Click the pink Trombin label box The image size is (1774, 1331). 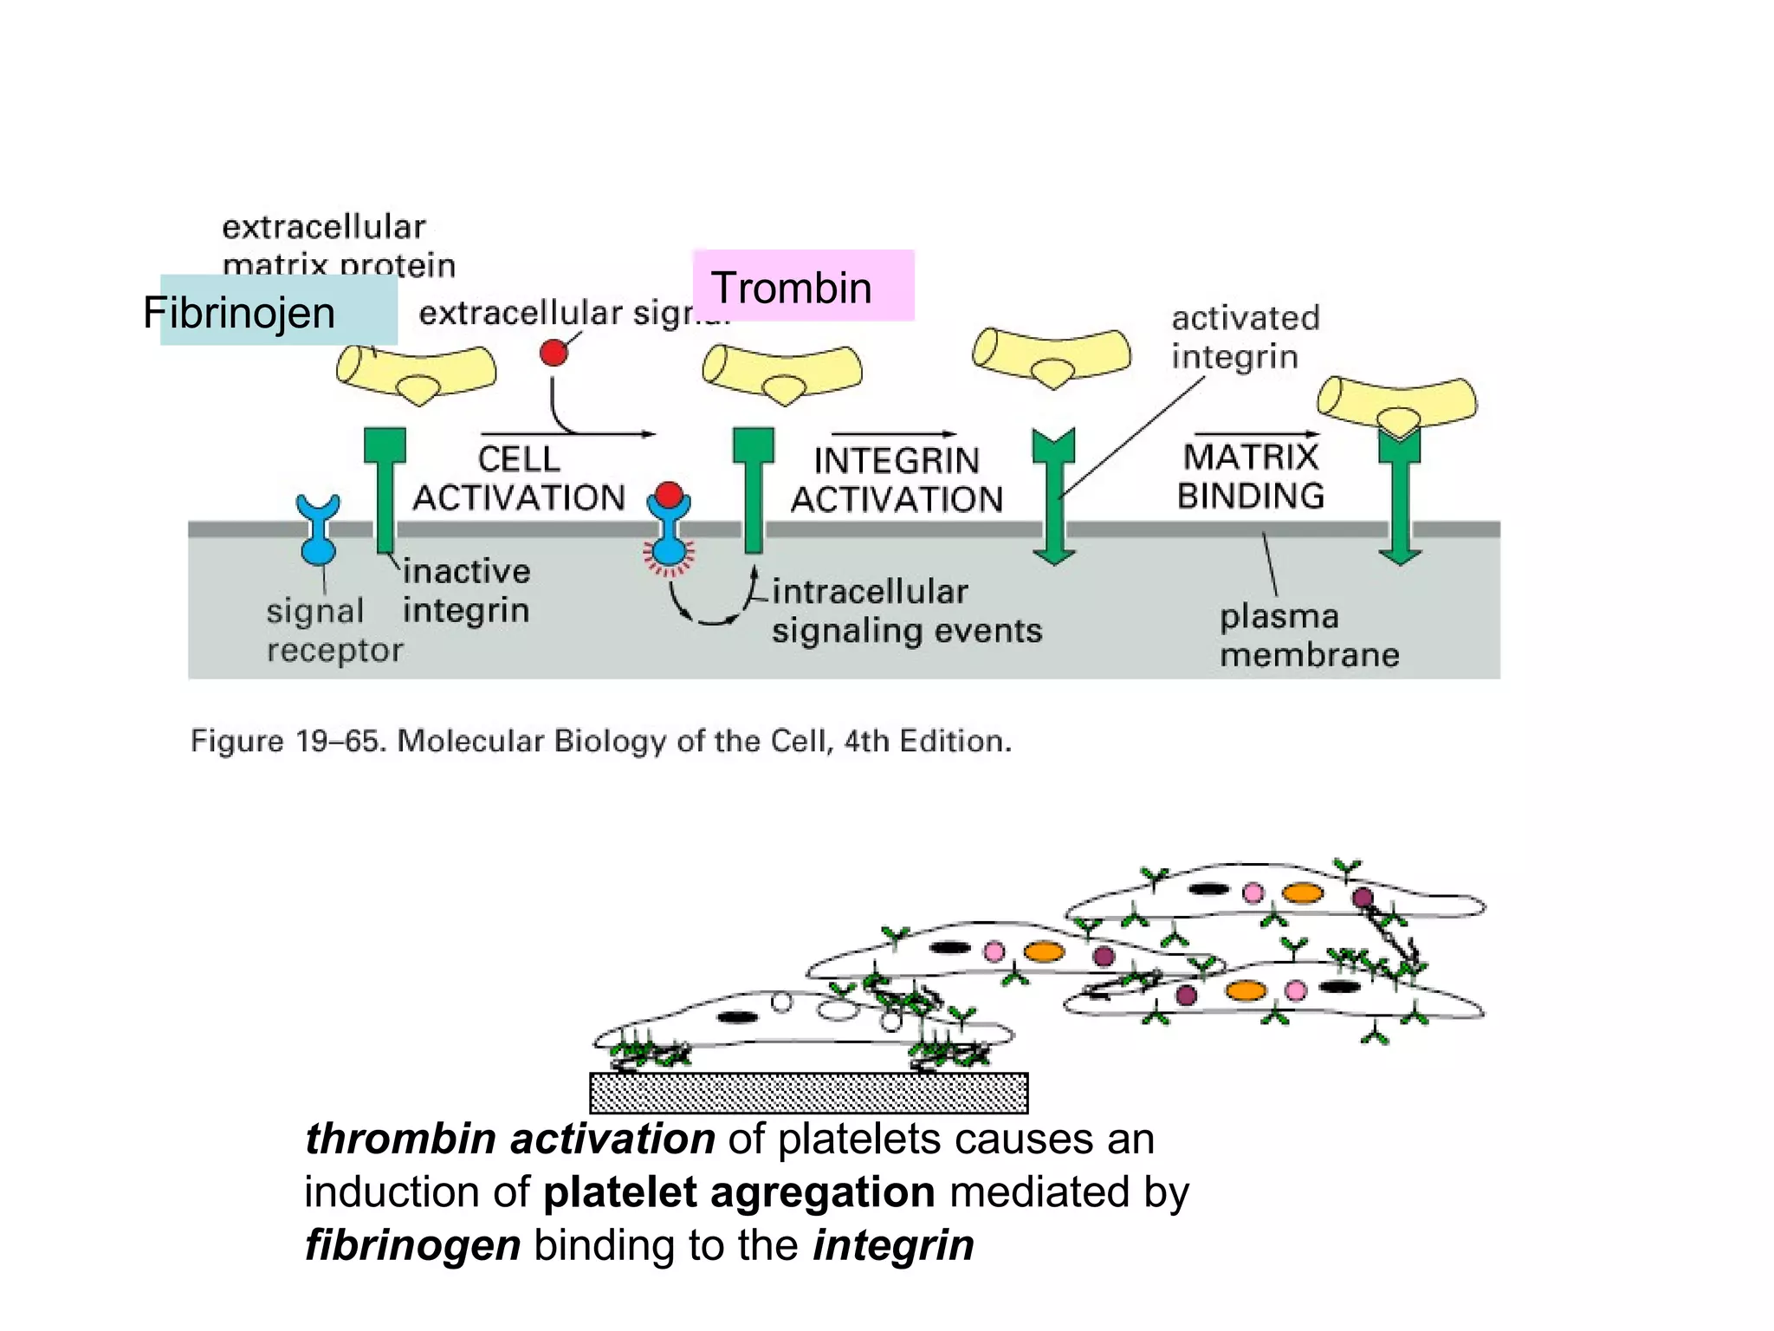click(x=803, y=286)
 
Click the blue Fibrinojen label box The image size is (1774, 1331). click(x=278, y=310)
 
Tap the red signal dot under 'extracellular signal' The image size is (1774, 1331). click(x=554, y=353)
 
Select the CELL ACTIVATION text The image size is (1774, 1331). click(x=518, y=478)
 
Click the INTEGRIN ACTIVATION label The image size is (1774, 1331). click(x=897, y=480)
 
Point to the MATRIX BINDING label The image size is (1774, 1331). click(x=1250, y=477)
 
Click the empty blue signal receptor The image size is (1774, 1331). click(x=318, y=529)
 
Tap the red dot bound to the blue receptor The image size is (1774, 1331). click(x=669, y=496)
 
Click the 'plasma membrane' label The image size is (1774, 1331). click(x=1308, y=635)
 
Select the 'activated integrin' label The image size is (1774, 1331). click(x=1244, y=336)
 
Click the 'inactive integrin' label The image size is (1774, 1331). click(x=466, y=590)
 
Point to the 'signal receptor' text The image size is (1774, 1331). click(x=334, y=630)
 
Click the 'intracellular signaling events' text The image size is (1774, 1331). click(x=906, y=611)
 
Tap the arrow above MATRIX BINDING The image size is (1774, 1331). click(x=1256, y=434)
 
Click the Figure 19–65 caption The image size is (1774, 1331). click(x=600, y=742)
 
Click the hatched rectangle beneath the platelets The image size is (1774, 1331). click(x=808, y=1093)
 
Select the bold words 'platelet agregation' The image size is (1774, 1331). click(x=739, y=1191)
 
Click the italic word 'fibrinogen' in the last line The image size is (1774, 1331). click(x=412, y=1245)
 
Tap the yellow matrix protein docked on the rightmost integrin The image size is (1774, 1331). click(x=1396, y=404)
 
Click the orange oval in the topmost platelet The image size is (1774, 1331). click(x=1302, y=893)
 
